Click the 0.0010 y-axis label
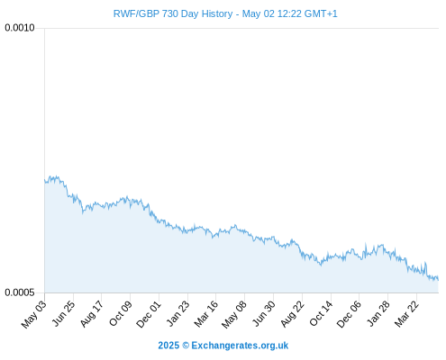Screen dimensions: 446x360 20,28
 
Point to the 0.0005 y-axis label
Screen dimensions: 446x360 20,292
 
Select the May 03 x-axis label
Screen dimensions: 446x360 34,314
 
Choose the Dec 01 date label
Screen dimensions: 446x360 149,314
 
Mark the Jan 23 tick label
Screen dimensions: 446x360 178,313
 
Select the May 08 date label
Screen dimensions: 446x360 234,314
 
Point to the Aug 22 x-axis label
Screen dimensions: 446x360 292,314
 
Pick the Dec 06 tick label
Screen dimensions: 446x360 349,314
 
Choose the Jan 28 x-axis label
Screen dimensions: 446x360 378,313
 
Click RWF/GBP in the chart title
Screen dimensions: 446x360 136,14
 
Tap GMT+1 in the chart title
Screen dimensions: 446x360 321,13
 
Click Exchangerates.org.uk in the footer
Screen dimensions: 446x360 240,346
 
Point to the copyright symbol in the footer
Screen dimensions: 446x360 186,346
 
